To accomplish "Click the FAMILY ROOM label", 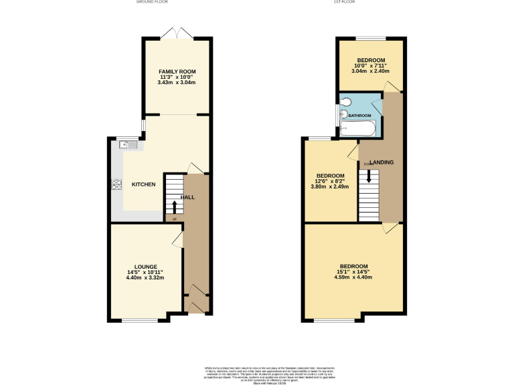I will pos(177,72).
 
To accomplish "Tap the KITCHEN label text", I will pos(143,184).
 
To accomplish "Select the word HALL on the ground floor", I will pos(188,197).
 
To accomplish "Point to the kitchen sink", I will pos(128,144).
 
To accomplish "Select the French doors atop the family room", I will pos(177,33).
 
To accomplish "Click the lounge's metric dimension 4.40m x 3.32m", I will pos(145,277).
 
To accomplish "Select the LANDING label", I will pos(380,162).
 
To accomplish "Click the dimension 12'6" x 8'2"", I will pos(330,181).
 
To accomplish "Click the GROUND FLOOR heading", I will pos(152,3).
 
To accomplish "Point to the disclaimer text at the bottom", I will pos(257,373).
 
